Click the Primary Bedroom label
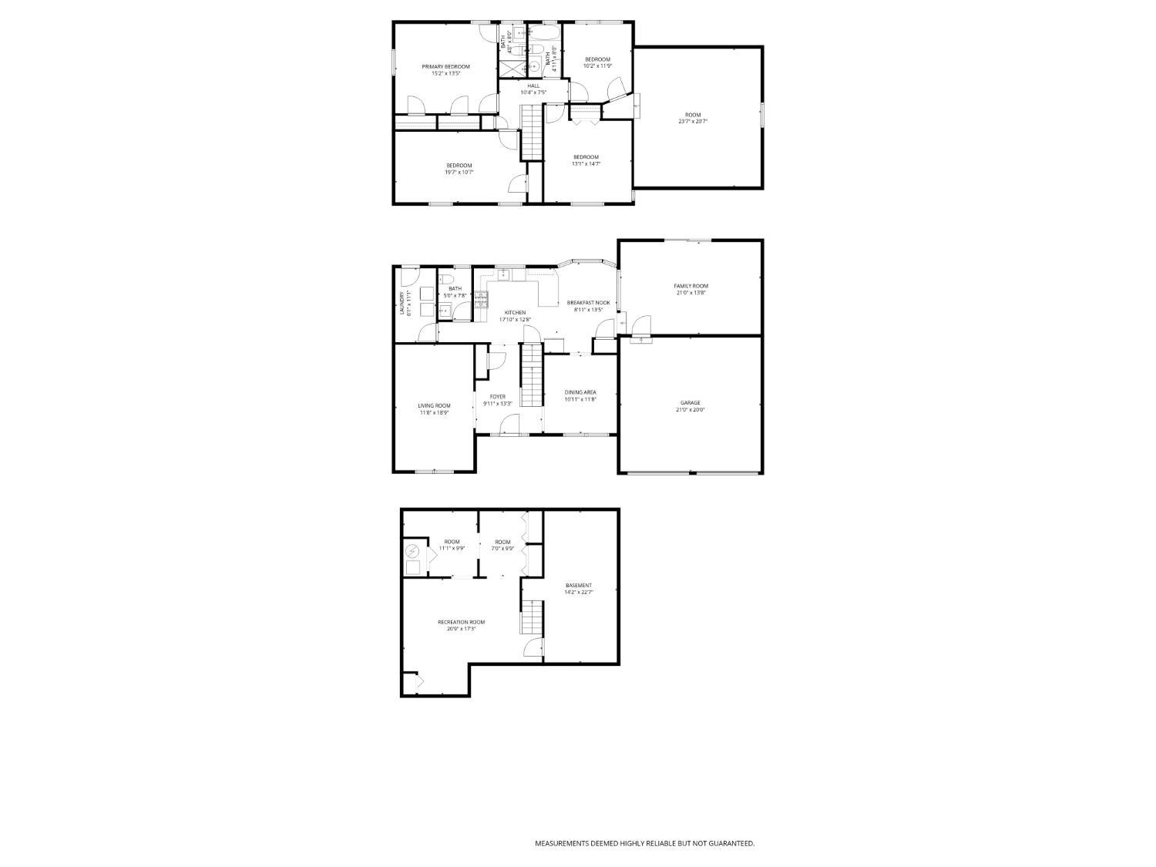(x=445, y=67)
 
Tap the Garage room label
(x=691, y=403)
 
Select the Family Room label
(x=691, y=286)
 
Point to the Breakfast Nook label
(x=588, y=303)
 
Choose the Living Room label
(x=434, y=405)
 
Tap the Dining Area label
(x=580, y=392)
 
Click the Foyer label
(x=498, y=397)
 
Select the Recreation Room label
(x=462, y=622)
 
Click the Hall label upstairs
(x=533, y=86)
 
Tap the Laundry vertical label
(x=402, y=303)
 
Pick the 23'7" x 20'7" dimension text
(x=693, y=122)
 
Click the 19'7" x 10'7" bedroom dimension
(x=459, y=173)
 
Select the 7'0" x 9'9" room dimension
(x=502, y=549)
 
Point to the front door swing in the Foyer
(x=509, y=424)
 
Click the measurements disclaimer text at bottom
(x=644, y=844)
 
